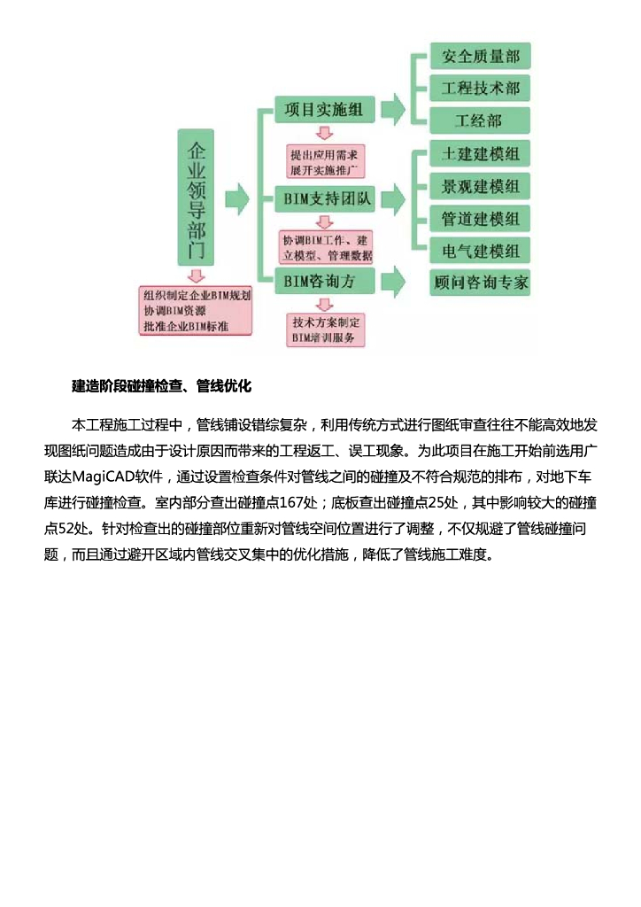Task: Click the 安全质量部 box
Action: click(480, 57)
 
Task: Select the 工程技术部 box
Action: click(480, 89)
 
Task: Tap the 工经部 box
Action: click(480, 120)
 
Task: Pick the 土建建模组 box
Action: click(480, 154)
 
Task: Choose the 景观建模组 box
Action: click(480, 186)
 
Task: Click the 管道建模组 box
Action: click(480, 218)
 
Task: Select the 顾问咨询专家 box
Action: click(481, 283)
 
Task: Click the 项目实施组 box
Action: click(323, 110)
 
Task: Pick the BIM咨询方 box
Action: click(323, 282)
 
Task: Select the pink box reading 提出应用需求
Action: click(325, 162)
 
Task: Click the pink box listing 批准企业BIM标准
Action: click(197, 310)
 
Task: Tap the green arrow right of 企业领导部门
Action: click(236, 199)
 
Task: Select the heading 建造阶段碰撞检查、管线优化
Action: click(162, 386)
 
